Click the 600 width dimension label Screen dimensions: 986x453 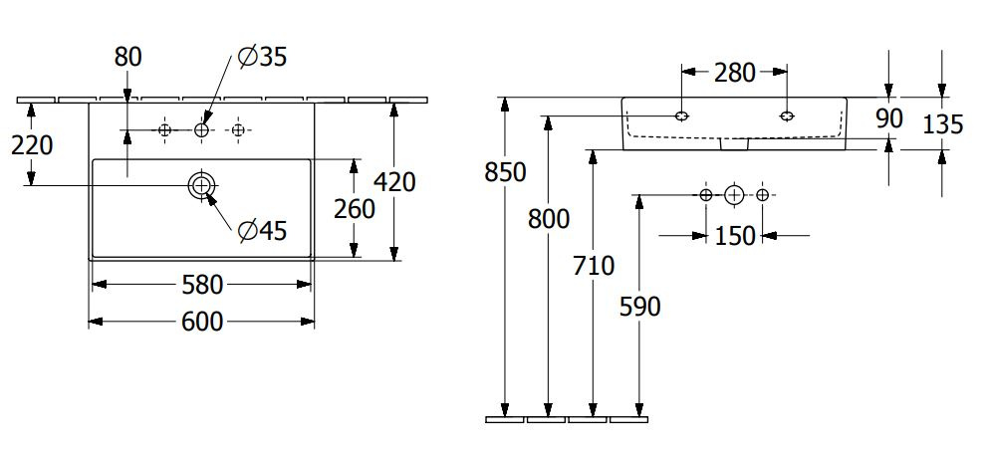[202, 322]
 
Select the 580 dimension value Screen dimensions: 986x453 [202, 286]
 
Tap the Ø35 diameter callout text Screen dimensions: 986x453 [262, 57]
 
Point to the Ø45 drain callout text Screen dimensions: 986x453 [262, 231]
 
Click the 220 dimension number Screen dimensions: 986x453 [32, 145]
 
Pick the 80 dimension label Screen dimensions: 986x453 [127, 57]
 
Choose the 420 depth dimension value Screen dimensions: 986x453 [394, 182]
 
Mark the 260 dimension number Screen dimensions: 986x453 [354, 209]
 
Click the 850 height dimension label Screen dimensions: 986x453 [505, 172]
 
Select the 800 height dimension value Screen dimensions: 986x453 [549, 219]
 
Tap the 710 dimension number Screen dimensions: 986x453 [593, 266]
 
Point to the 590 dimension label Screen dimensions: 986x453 [639, 307]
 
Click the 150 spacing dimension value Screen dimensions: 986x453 [734, 236]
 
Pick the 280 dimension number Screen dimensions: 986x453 [734, 73]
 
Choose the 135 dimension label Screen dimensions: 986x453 [942, 125]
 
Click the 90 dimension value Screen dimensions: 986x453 [889, 118]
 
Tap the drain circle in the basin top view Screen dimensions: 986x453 [201, 185]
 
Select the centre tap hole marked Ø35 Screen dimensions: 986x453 [201, 130]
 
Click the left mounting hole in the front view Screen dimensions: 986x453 [681, 115]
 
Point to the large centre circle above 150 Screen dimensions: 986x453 [734, 195]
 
